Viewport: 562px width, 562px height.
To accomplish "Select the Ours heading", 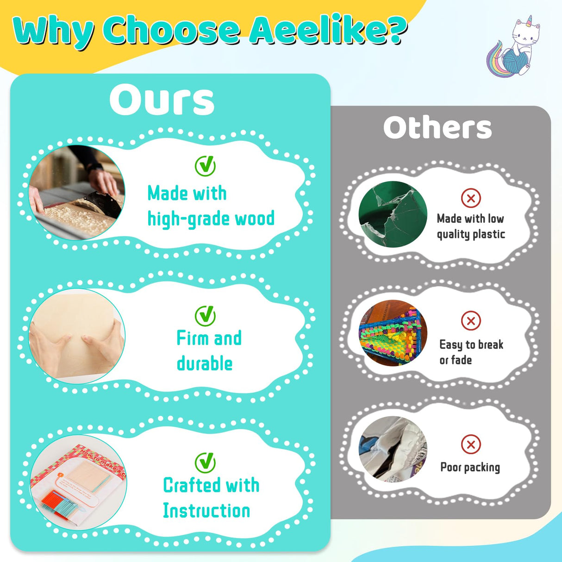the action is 162,100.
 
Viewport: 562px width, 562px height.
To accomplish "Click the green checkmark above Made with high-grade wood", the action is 206,166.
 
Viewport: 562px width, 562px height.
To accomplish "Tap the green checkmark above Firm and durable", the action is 206,316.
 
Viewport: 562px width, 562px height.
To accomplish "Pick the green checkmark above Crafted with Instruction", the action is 206,462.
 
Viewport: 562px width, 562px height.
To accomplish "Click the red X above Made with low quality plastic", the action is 471,198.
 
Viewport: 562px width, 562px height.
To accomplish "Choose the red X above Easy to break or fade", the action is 471,321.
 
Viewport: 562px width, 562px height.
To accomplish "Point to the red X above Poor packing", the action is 471,444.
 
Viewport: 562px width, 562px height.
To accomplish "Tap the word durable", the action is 205,363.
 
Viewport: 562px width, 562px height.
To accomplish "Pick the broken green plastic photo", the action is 393,214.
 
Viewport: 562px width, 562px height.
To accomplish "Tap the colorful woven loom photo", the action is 393,333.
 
